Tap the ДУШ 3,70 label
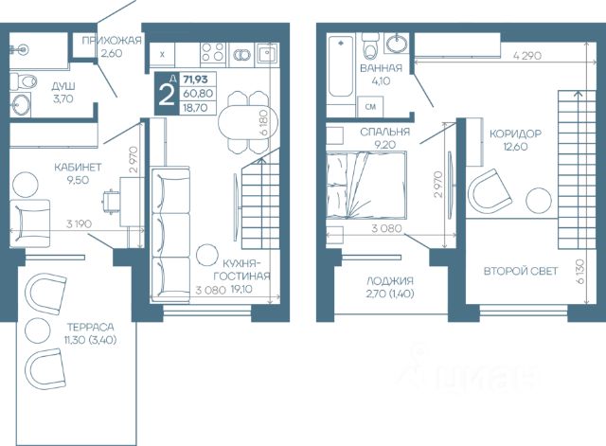pos(63,93)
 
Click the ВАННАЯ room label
pos(381,68)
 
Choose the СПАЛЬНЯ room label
pos(385,133)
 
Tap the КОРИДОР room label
pos(515,134)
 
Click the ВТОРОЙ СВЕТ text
pos(521,271)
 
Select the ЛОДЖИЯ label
pos(390,280)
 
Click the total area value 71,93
pos(196,80)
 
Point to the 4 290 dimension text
pos(527,56)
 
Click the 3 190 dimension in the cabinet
pos(79,223)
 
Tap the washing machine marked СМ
pos(370,106)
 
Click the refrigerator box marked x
pos(162,55)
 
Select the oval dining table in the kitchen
pos(248,122)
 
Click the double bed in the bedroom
pos(366,186)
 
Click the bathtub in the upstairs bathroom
pos(341,66)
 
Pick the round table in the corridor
pos(539,201)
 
